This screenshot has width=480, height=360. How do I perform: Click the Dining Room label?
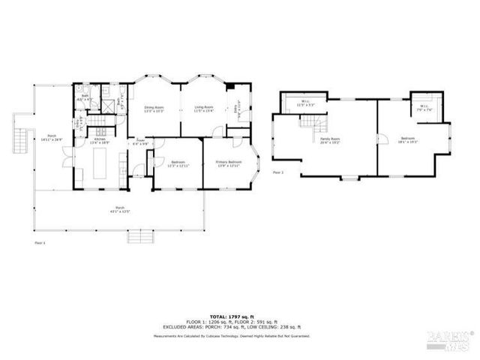point(154,109)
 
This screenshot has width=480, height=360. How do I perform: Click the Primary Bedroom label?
point(228,163)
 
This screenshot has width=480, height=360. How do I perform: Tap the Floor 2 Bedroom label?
point(407,140)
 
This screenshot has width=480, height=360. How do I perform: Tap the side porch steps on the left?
point(18,138)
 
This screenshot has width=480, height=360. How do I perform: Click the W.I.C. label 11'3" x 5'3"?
point(306,103)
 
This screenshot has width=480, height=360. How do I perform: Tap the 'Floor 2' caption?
point(277,172)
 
